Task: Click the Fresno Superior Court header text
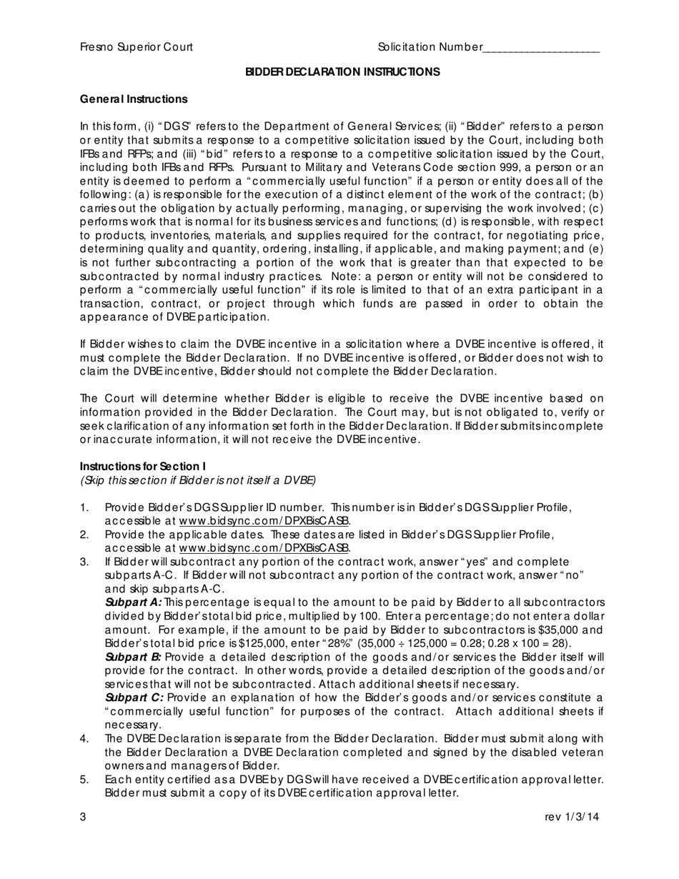click(136, 47)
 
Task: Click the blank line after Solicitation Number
click(541, 49)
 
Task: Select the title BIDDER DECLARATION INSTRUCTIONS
click(342, 72)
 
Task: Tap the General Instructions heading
click(134, 99)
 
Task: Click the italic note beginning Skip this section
click(198, 480)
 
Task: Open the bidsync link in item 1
click(264, 522)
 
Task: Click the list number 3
click(84, 562)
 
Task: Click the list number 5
click(84, 780)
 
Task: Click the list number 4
click(84, 738)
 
